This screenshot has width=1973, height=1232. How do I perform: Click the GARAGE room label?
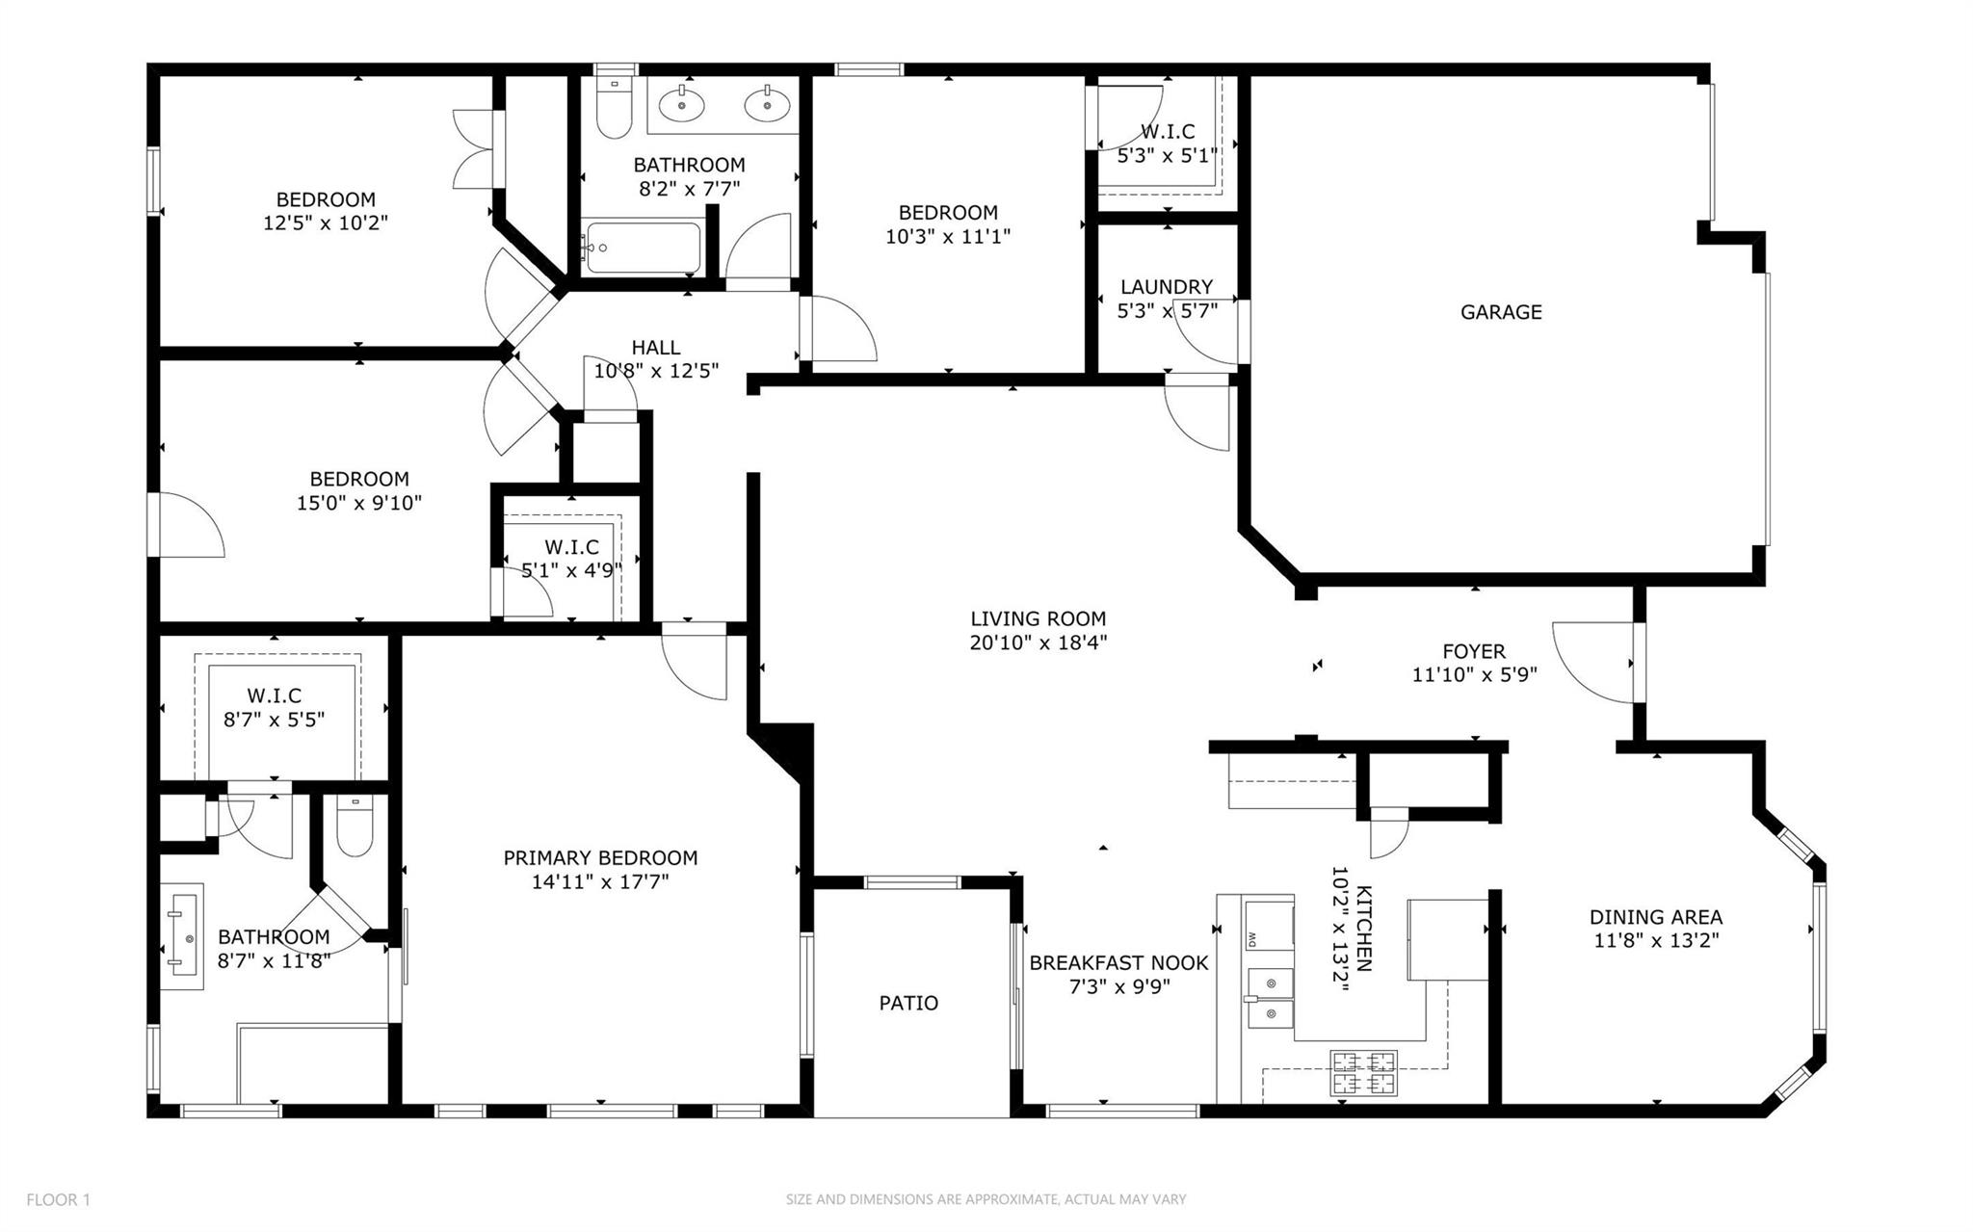click(x=1500, y=312)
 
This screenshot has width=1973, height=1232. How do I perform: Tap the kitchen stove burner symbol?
click(x=1363, y=1073)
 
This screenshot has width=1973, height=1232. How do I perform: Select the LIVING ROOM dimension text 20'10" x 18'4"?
click(x=1038, y=642)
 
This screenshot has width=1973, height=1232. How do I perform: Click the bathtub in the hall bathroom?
click(x=643, y=248)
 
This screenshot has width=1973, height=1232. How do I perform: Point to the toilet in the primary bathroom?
click(x=355, y=828)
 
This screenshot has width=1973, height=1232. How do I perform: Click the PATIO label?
click(x=908, y=1004)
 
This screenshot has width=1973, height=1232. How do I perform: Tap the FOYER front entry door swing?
click(x=1592, y=663)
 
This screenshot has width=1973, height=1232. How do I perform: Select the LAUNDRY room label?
click(x=1166, y=287)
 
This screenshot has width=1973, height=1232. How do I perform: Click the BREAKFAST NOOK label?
click(x=1118, y=963)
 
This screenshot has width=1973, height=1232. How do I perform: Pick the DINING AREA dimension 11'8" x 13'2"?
click(x=1656, y=941)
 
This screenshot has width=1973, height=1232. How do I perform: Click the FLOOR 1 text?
click(x=58, y=1200)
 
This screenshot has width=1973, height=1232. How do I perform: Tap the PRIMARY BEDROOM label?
click(x=600, y=858)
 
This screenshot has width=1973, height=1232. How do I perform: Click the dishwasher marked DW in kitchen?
click(x=1268, y=926)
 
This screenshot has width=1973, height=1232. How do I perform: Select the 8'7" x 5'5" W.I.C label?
click(x=274, y=720)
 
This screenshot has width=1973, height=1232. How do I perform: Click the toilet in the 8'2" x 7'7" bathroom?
click(x=614, y=111)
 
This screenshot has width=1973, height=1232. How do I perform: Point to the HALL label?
click(x=656, y=348)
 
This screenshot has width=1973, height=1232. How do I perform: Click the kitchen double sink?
click(x=1270, y=998)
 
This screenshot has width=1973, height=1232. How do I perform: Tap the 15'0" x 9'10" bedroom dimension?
click(x=358, y=503)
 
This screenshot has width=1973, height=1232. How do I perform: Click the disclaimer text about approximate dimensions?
click(x=986, y=1200)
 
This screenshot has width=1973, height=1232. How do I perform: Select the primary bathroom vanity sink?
click(x=183, y=936)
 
